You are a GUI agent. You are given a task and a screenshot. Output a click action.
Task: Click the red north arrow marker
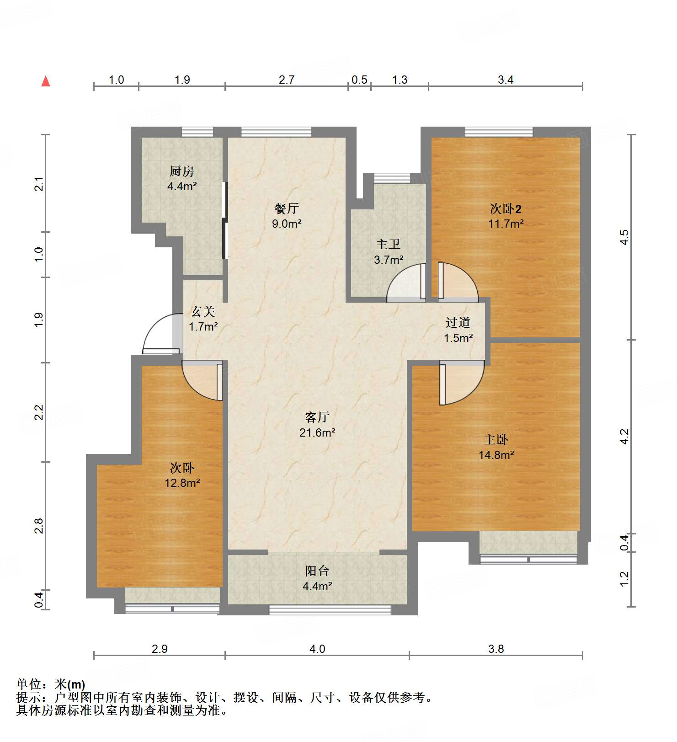coord(46,81)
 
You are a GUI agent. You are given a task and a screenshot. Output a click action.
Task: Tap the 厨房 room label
coord(182,171)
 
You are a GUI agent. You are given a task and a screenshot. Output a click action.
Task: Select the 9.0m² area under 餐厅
coord(287,224)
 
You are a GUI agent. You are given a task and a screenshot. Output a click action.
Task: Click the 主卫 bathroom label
coord(388,245)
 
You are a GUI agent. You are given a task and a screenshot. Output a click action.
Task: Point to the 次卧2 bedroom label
coord(506,209)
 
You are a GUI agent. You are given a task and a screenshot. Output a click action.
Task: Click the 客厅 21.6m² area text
coord(317,432)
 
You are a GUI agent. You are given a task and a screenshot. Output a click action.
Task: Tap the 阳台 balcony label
coord(317,571)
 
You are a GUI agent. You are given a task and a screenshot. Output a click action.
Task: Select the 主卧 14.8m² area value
coord(496,455)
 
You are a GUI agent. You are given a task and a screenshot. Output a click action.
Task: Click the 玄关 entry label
coord(203,312)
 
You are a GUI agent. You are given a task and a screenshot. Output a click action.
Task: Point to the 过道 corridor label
coord(458,323)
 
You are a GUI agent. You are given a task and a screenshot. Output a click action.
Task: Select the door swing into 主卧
coord(461,382)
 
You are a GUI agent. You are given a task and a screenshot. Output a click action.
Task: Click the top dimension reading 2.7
coord(287,80)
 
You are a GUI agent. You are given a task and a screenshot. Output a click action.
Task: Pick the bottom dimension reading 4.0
coord(317,649)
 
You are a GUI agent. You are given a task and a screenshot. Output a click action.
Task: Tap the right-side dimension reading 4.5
coord(624,237)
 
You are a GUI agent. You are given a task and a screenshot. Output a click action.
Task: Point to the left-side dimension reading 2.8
coord(39,526)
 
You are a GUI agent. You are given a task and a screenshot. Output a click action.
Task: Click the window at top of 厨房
coord(197,132)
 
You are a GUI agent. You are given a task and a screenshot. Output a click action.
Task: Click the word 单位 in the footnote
coord(29,684)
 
